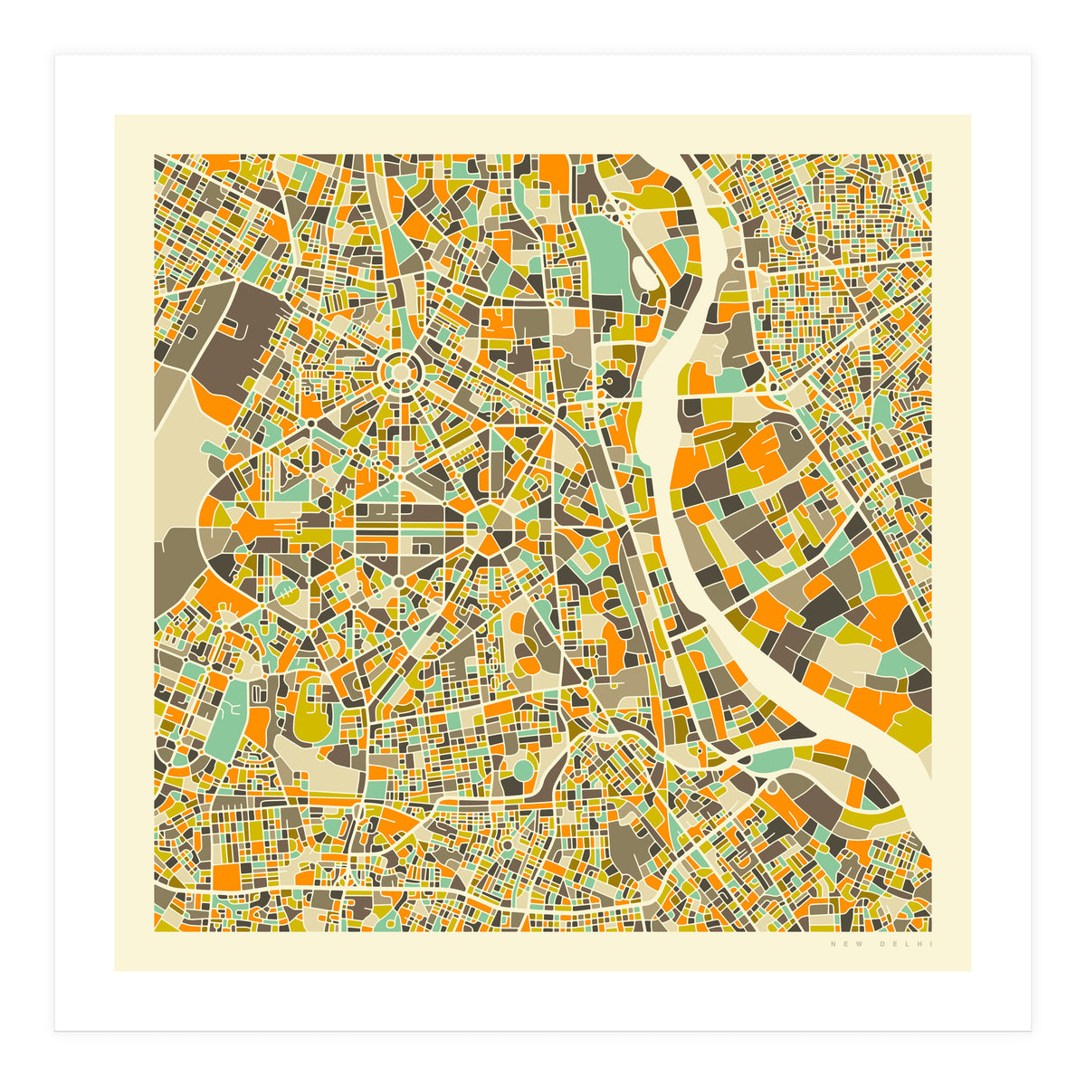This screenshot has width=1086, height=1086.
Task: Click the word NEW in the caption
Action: point(841,946)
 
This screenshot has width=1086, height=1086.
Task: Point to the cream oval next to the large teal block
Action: point(643,271)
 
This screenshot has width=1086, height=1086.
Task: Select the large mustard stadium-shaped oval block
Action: point(312,719)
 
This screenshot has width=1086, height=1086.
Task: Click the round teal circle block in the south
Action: point(523,770)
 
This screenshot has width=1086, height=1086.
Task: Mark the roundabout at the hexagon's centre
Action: point(490,529)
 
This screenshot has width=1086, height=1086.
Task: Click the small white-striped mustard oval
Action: point(283,594)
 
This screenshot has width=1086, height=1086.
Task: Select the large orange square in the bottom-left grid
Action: point(228,874)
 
